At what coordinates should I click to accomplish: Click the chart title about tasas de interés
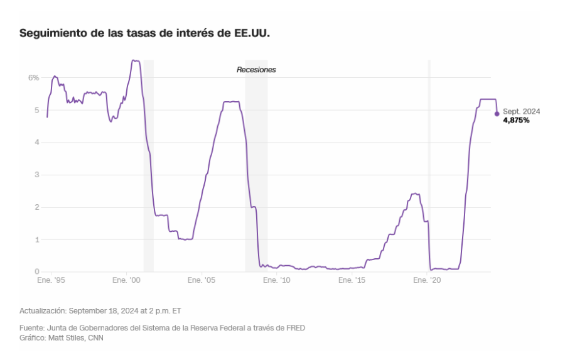(x=145, y=33)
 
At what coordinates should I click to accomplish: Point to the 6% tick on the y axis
(x=33, y=78)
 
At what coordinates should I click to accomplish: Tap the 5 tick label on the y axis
(x=36, y=110)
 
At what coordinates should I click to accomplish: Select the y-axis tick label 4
(x=36, y=143)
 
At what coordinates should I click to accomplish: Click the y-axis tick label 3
(x=36, y=175)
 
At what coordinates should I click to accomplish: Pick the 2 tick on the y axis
(x=36, y=207)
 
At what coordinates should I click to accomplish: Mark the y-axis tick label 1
(x=36, y=239)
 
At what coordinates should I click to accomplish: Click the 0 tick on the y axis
(x=36, y=272)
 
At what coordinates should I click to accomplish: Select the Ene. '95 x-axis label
(x=50, y=281)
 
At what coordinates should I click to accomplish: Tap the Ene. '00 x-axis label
(x=127, y=281)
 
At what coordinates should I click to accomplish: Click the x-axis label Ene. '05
(x=203, y=281)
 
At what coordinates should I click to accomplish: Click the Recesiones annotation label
(x=256, y=70)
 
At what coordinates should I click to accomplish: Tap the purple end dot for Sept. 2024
(x=497, y=114)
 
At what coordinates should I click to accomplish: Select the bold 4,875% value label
(x=516, y=120)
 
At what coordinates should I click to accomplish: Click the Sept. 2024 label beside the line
(x=521, y=111)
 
